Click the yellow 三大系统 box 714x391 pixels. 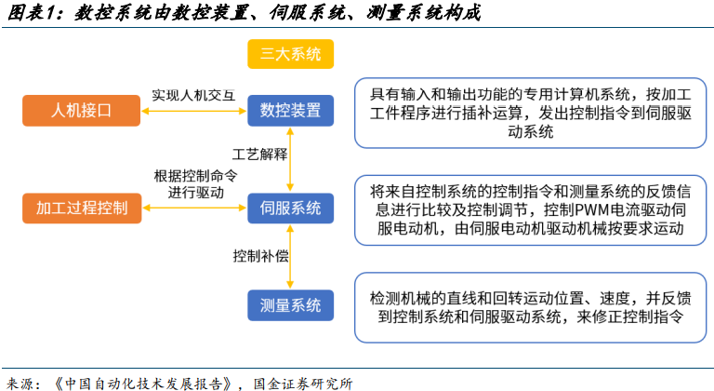coord(290,54)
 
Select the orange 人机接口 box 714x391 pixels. coord(82,111)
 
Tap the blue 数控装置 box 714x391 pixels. coord(290,111)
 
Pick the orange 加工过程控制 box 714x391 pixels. coord(82,208)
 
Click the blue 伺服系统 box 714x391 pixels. coord(290,208)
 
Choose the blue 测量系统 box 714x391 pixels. coord(290,305)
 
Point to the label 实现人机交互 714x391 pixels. coord(193,95)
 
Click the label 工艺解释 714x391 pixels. coord(260,155)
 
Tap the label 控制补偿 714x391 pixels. coord(260,256)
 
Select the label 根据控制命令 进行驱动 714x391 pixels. coord(196,184)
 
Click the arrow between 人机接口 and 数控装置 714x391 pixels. coord(194,111)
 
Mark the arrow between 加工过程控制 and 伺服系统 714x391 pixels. coord(194,208)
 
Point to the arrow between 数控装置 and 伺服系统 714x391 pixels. coord(290,160)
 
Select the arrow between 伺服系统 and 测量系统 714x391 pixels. coord(290,257)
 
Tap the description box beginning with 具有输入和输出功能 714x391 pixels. coord(531,114)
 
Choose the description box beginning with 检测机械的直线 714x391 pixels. coord(531,307)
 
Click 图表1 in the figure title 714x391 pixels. coord(36,12)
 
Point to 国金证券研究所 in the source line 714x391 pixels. coord(303,384)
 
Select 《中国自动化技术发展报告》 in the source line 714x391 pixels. coord(144,384)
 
